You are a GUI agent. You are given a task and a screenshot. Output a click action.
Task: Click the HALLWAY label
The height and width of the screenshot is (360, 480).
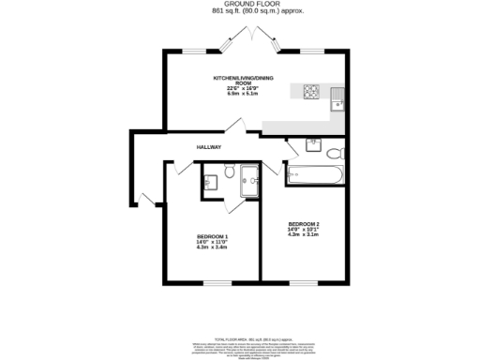(208, 147)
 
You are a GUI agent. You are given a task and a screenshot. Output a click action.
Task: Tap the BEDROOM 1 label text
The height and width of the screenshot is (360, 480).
(213, 236)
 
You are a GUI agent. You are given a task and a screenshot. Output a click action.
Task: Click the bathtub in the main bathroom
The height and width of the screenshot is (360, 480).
(313, 174)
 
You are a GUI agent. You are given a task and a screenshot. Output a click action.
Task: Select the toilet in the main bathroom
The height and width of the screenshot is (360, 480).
(335, 152)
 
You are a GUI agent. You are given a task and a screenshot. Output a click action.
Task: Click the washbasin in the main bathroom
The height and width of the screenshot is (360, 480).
(313, 144)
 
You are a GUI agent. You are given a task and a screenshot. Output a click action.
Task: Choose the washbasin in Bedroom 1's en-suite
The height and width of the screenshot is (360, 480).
(228, 171)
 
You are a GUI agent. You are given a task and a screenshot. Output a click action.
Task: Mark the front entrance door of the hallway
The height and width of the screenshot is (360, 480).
(145, 196)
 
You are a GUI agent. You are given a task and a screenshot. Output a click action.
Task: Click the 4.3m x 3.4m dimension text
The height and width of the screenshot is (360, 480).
(213, 247)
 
